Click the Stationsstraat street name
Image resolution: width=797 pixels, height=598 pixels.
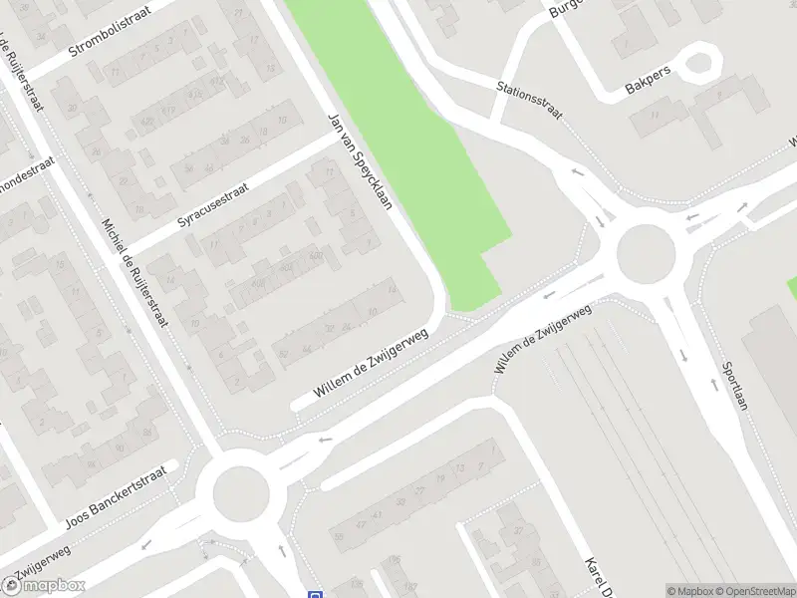(530, 100)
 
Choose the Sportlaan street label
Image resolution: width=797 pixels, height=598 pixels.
(734, 396)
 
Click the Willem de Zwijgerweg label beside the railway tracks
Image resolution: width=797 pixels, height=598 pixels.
(543, 339)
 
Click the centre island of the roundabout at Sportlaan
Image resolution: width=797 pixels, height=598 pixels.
(645, 253)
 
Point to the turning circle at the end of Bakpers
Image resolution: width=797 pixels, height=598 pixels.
(703, 63)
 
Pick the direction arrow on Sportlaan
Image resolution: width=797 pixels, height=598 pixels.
(683, 355)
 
